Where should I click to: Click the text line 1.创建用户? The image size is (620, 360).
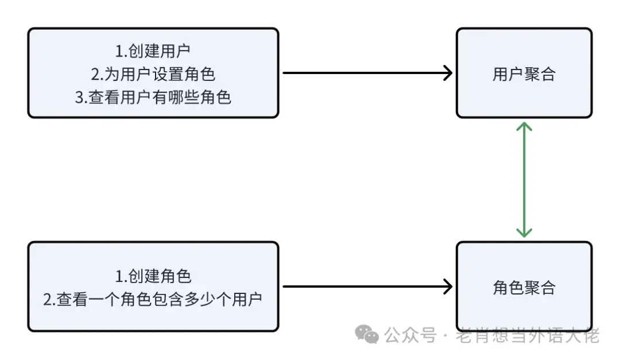tap(153, 52)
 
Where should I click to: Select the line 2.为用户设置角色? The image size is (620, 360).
tap(153, 75)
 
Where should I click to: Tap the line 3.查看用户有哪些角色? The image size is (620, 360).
tap(153, 98)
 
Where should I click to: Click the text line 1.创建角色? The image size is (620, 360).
tap(153, 277)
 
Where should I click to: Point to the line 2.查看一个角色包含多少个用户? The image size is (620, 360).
tap(153, 299)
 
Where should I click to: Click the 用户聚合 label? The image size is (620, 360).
tap(524, 75)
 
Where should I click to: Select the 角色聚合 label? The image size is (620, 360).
tap(524, 288)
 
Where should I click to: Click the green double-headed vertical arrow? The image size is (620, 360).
tap(524, 179)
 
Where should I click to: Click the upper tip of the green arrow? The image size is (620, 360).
tap(524, 123)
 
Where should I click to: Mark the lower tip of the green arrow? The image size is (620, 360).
tap(524, 235)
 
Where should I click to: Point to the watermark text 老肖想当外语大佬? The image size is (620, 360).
tap(527, 335)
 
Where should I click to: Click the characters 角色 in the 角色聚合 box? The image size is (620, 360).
tap(508, 288)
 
